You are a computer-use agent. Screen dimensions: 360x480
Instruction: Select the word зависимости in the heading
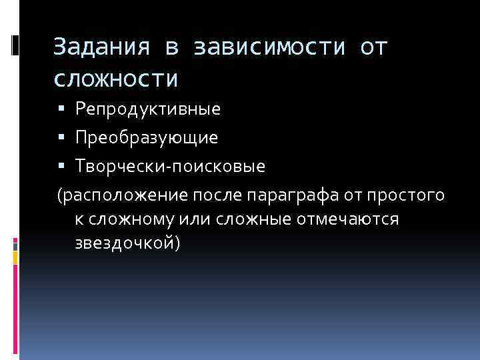coord(271,48)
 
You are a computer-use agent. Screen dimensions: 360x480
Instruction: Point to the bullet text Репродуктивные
coord(147,109)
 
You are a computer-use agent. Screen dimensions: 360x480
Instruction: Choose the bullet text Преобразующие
coord(146,138)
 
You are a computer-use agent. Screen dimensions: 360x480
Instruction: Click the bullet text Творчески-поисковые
coord(170,167)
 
